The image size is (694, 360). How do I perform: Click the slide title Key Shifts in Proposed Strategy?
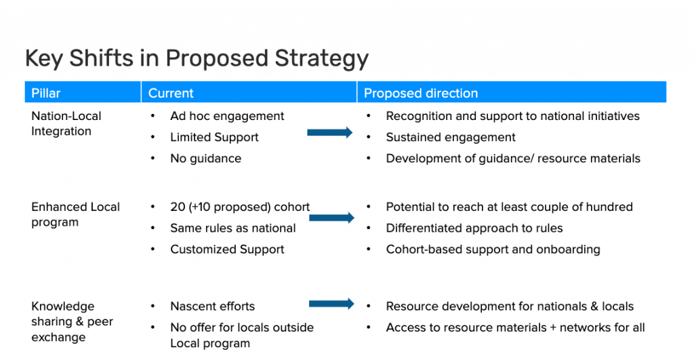[x=197, y=59]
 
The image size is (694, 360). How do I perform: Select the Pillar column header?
[x=45, y=93]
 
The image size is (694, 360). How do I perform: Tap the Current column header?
[x=171, y=93]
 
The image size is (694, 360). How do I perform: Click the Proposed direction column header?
[x=421, y=93]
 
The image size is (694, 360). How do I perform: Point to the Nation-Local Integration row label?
[x=66, y=123]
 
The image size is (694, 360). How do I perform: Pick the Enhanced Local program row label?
[x=75, y=214]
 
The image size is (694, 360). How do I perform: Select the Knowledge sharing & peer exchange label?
[x=72, y=321]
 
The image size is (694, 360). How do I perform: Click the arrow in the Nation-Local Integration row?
[x=330, y=132]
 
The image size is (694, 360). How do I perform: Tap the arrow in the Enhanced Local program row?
[x=331, y=218]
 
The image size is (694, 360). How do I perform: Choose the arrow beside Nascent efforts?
[x=331, y=304]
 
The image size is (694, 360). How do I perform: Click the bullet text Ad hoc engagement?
[x=227, y=116]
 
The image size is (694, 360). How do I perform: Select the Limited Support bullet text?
[x=214, y=137]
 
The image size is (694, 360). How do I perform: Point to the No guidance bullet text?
[x=206, y=159]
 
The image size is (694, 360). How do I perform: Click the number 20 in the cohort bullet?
[x=178, y=207]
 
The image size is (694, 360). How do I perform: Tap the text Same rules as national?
[x=233, y=228]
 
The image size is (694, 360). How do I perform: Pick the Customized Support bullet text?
[x=227, y=249]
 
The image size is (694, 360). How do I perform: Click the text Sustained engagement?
[x=451, y=137]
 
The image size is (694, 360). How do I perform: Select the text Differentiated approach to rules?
[x=474, y=228]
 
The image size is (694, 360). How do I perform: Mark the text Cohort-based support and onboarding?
[x=493, y=249]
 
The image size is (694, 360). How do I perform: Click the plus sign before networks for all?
[x=553, y=327]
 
